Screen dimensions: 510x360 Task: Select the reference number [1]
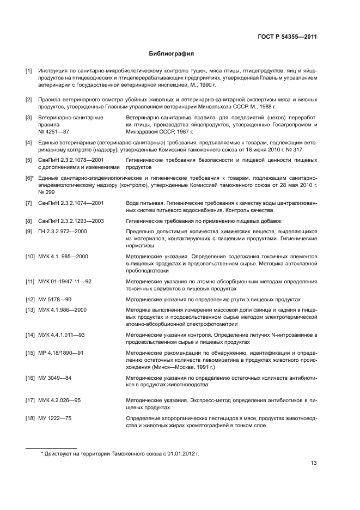[29, 71]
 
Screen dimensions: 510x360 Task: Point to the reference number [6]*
[30, 178]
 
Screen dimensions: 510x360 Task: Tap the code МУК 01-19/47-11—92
[65, 281]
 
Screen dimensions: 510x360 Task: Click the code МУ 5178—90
[55, 299]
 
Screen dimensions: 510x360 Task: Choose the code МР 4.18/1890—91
[60, 353]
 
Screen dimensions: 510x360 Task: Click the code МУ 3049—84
[55, 378]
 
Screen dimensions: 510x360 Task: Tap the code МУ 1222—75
[55, 417]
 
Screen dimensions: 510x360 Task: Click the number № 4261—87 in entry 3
[54, 132]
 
